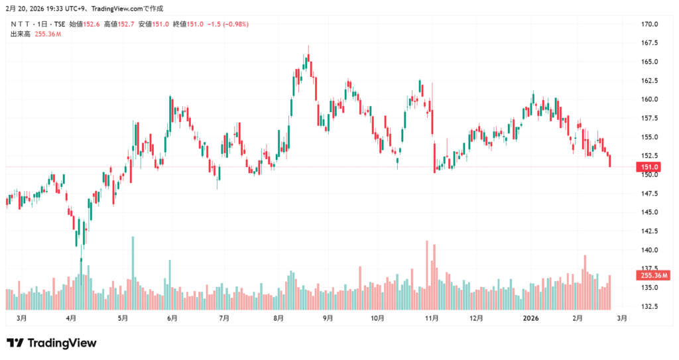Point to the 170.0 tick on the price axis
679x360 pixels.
tap(650, 25)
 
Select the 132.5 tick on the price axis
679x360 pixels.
tap(650, 307)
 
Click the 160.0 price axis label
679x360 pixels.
tap(650, 99)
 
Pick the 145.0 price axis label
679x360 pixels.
tap(650, 213)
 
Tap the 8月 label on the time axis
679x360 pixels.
tap(278, 319)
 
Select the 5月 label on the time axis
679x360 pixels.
tap(122, 319)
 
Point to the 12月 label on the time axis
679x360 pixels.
tap(475, 319)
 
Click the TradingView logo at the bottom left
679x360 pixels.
tap(52, 343)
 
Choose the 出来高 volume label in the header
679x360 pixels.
tap(21, 34)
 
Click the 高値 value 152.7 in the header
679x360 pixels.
tap(125, 25)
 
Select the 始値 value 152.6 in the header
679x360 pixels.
tap(91, 25)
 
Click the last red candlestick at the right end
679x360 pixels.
tap(610, 160)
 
